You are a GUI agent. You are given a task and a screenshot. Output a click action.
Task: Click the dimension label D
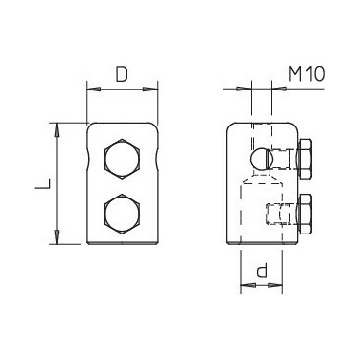(122, 75)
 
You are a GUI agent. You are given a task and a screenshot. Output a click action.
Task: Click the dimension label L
(42, 183)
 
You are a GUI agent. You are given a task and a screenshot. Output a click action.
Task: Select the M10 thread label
(306, 74)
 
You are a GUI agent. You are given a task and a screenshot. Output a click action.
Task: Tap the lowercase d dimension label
(261, 270)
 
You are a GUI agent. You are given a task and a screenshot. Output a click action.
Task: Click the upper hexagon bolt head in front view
(122, 159)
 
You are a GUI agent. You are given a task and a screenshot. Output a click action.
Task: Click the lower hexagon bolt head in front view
(122, 214)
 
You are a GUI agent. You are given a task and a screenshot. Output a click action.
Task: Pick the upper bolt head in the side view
(304, 159)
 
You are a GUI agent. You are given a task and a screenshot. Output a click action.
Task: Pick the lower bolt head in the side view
(304, 214)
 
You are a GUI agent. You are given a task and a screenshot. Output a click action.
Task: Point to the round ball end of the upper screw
(259, 159)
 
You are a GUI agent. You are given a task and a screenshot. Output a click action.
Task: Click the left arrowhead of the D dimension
(93, 89)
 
